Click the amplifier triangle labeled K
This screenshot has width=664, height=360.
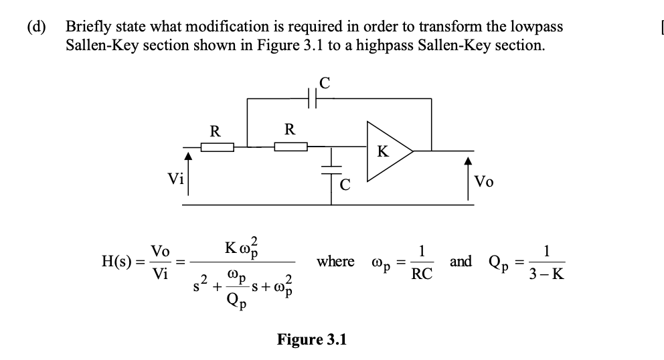pyautogui.click(x=385, y=152)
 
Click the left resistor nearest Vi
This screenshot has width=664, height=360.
pyautogui.click(x=216, y=147)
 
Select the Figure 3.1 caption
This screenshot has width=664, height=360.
pyautogui.click(x=312, y=339)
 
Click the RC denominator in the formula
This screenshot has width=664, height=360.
pyautogui.click(x=422, y=274)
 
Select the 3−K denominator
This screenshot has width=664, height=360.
pyautogui.click(x=547, y=274)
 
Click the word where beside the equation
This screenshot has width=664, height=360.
pyautogui.click(x=336, y=261)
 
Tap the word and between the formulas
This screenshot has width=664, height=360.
pyautogui.click(x=461, y=261)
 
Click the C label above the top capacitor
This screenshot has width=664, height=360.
pyautogui.click(x=325, y=83)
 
